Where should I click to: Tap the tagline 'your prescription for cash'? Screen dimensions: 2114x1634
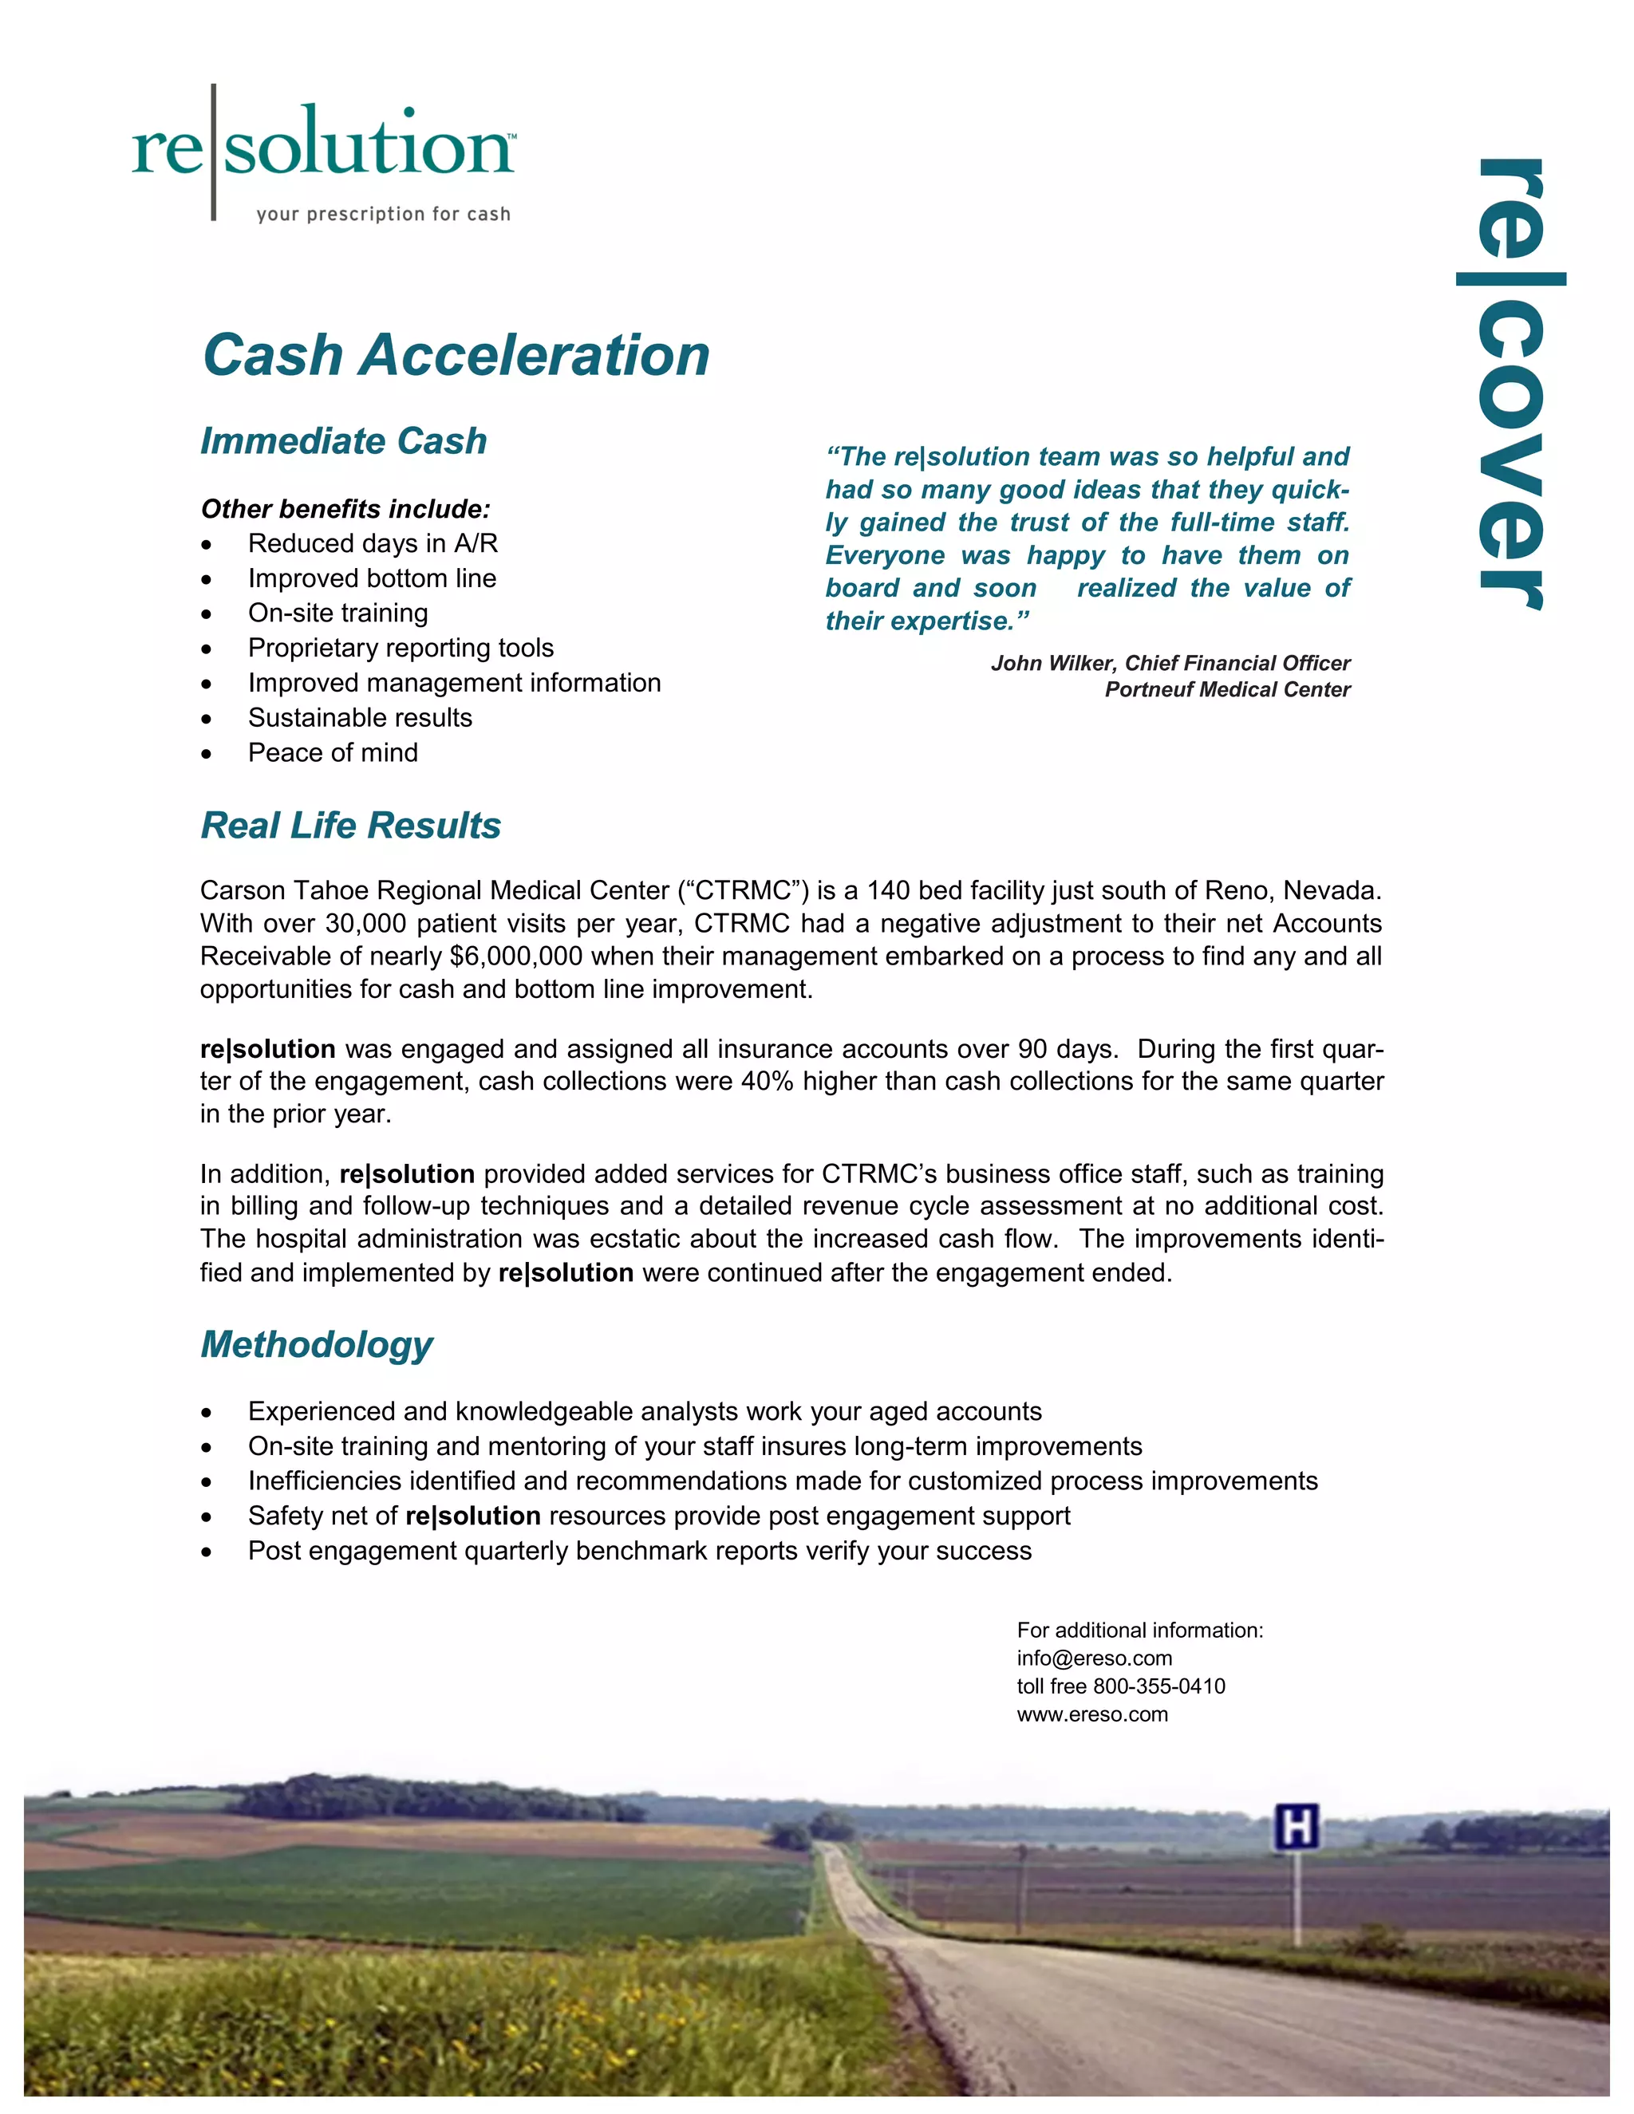point(383,214)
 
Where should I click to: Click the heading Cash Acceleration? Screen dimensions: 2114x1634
point(456,355)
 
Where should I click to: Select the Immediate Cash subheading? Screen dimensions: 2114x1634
point(344,441)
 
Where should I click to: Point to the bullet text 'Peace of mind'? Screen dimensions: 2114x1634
point(333,752)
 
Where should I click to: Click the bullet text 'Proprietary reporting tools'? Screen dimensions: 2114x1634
point(401,648)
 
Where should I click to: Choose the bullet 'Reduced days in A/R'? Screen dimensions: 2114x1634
point(373,543)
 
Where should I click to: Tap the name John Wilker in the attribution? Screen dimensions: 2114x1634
point(1052,663)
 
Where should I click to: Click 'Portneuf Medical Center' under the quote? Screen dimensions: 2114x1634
point(1226,689)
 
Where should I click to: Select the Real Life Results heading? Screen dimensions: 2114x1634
point(350,826)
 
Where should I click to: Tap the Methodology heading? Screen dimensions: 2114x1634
point(317,1344)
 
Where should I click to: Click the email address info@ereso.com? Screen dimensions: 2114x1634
point(1094,1658)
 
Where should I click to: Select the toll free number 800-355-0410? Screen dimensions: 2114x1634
point(1158,1686)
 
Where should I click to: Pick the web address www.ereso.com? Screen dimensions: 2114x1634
point(1092,1714)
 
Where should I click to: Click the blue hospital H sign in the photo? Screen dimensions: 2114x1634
point(1297,1828)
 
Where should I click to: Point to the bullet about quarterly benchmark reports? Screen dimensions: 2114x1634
point(640,1551)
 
